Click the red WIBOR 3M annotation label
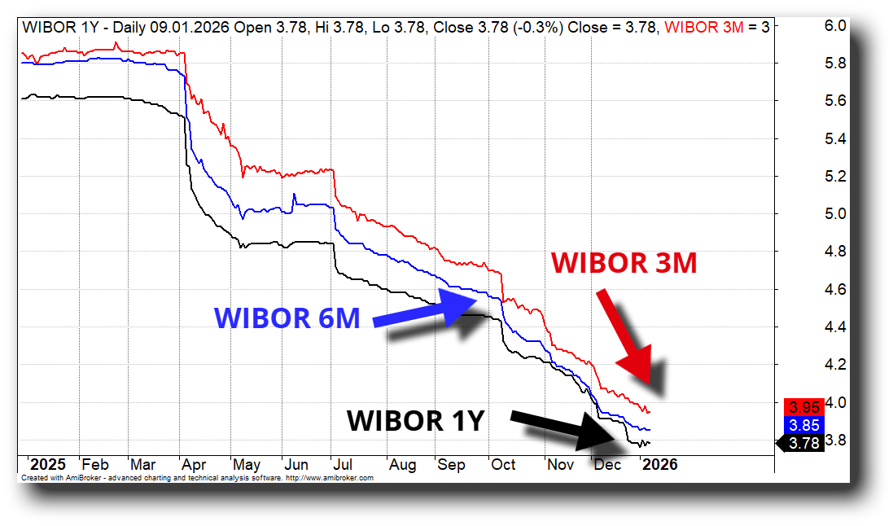click(624, 263)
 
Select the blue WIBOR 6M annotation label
click(287, 318)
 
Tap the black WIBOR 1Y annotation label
click(415, 421)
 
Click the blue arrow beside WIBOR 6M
click(430, 311)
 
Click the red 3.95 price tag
click(800, 406)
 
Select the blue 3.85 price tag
click(800, 425)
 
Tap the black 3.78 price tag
click(802, 444)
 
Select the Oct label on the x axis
click(503, 465)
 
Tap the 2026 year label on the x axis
click(659, 465)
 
